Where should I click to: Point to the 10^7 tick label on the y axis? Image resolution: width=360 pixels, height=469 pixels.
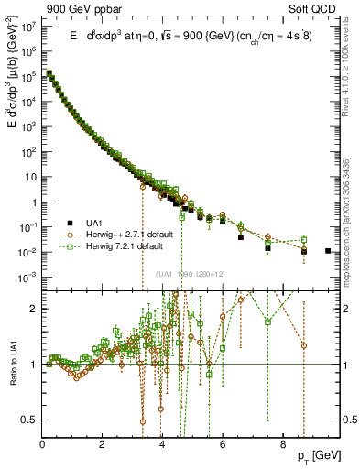pos(31,27)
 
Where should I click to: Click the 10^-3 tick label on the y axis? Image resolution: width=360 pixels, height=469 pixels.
pos(30,276)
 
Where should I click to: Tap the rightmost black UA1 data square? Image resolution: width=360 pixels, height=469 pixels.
pos(328,250)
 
